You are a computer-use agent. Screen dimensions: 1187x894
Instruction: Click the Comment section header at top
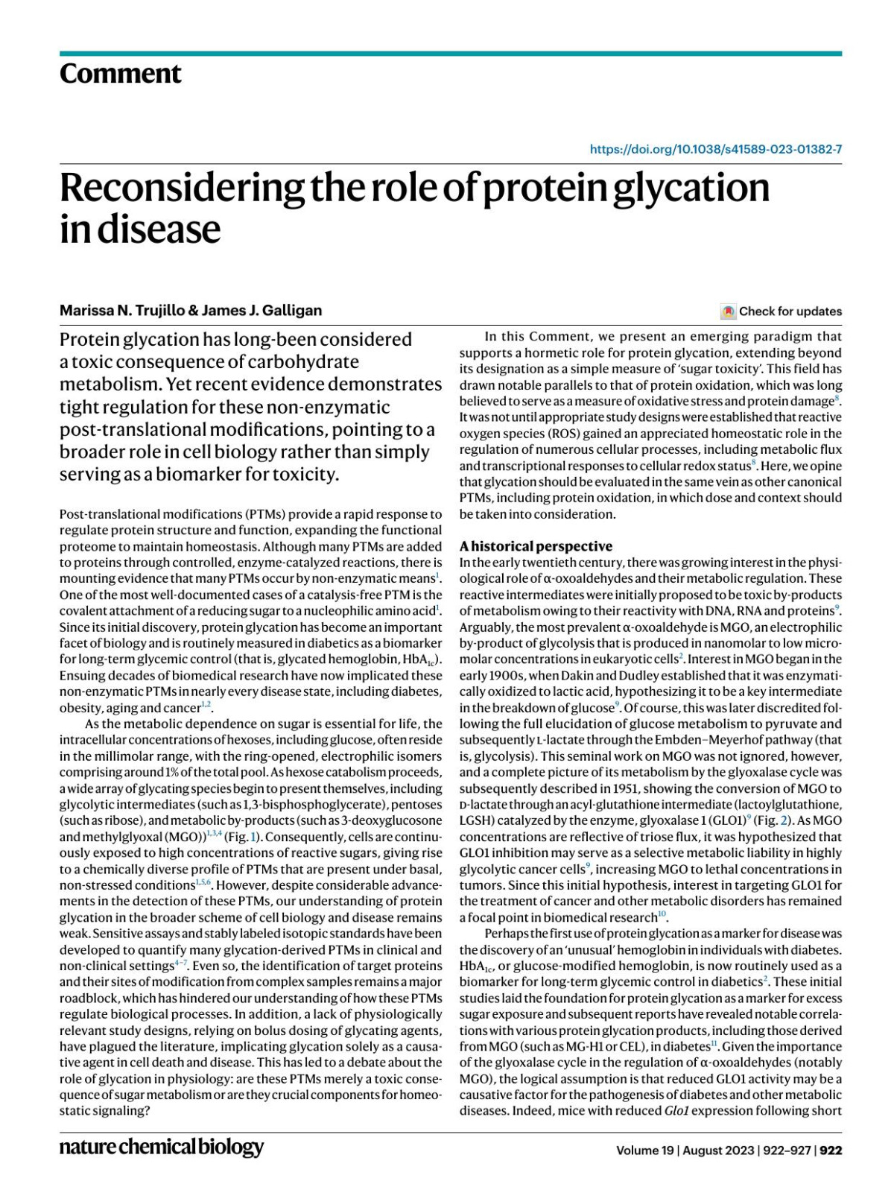coord(120,74)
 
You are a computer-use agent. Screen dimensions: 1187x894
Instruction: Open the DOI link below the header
coord(715,149)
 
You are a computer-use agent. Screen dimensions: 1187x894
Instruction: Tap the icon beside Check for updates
coord(729,311)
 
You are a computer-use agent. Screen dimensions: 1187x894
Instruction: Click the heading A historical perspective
coord(536,545)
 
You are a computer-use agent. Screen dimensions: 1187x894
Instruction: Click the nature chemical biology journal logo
coord(162,1147)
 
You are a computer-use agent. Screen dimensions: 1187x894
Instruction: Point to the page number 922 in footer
coord(831,1150)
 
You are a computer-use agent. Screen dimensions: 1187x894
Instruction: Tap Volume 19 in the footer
coord(644,1150)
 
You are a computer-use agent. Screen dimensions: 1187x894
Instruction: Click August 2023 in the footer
coord(715,1150)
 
